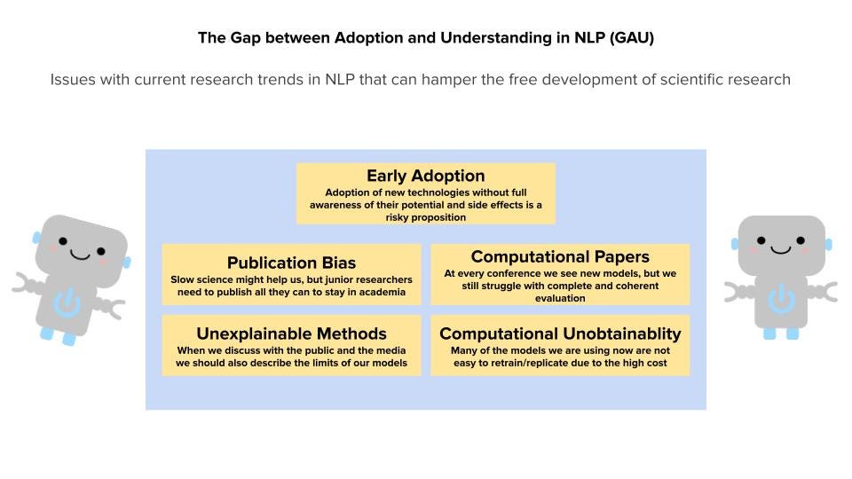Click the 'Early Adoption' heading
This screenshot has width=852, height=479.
pos(425,176)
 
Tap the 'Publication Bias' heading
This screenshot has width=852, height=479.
pos(291,263)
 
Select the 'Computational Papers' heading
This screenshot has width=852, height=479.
pos(560,257)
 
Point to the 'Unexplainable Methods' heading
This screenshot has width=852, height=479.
pos(291,334)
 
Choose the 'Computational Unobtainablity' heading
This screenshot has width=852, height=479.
pos(560,334)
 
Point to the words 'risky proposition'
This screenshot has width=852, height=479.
pos(425,217)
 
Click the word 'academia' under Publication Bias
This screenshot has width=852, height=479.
pos(382,292)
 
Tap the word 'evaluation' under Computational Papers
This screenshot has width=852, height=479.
pos(560,298)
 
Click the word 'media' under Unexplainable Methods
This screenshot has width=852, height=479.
pos(390,350)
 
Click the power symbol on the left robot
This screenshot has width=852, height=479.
pos(67,303)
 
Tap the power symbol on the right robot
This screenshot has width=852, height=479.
pos(781,298)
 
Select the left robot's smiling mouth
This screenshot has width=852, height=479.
pos(80,255)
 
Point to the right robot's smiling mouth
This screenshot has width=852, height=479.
pos(781,250)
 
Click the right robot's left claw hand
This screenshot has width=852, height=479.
pos(734,292)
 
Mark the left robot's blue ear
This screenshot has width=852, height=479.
pos(36,238)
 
